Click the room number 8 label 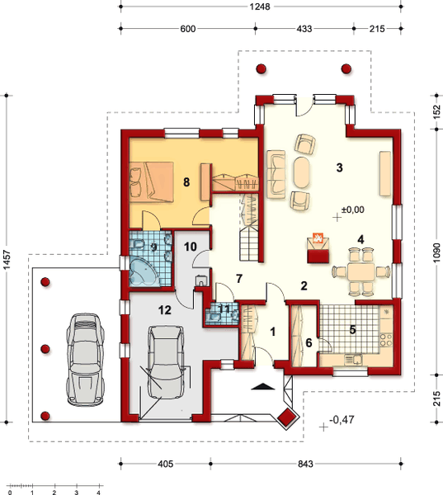click(x=187, y=182)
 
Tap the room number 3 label click(x=338, y=167)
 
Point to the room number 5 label click(x=351, y=329)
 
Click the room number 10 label click(x=189, y=246)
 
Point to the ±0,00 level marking click(x=352, y=210)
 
